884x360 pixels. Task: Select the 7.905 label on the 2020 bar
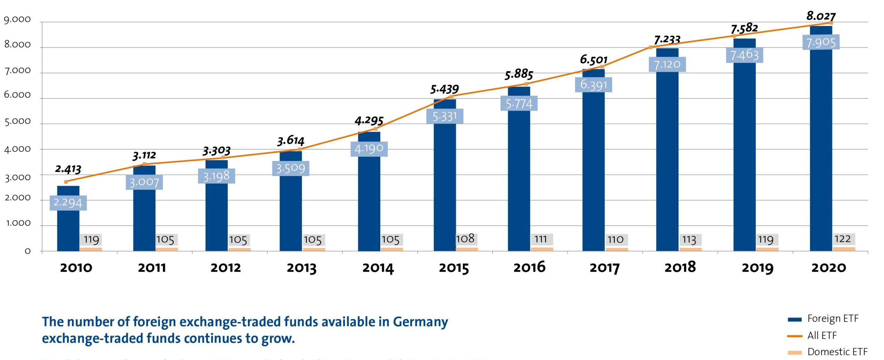tap(821, 42)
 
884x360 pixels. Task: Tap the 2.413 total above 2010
tap(68, 169)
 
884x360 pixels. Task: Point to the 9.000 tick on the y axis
tap(17, 19)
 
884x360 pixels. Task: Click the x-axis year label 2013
tap(301, 268)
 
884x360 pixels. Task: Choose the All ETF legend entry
tap(821, 335)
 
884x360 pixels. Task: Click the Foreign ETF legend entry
tap(832, 319)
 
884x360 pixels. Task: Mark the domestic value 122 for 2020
tap(843, 239)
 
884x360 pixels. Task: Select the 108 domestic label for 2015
tap(465, 239)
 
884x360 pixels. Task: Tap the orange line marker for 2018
tap(651, 47)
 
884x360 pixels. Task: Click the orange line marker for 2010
tap(66, 182)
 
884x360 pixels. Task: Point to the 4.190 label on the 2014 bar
tap(369, 149)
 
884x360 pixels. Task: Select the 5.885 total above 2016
tap(519, 74)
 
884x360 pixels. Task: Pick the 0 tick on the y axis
tap(28, 251)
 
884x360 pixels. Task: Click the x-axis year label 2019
tap(758, 268)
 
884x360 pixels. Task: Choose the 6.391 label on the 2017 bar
tap(593, 85)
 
